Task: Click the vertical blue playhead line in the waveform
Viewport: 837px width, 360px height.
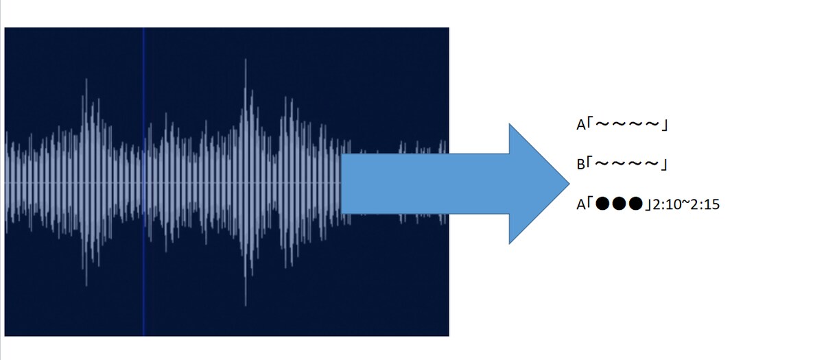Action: click(143, 182)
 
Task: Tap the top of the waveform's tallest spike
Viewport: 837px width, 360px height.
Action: click(246, 59)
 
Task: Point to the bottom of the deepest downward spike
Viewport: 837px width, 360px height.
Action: click(246, 306)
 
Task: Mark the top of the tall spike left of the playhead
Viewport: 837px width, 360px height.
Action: click(86, 79)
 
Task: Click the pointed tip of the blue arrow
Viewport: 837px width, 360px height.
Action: click(569, 183)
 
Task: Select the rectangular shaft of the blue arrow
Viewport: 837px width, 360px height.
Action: click(425, 183)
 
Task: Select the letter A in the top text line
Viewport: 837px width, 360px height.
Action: click(580, 125)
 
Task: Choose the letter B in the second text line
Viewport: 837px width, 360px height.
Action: click(580, 165)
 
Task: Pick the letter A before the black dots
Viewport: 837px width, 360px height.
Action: click(580, 204)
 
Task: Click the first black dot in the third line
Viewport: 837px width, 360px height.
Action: click(602, 204)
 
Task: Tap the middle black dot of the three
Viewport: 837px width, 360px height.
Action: click(619, 204)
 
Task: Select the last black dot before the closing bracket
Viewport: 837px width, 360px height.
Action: click(635, 204)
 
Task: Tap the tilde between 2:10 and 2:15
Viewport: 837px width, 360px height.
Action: click(685, 202)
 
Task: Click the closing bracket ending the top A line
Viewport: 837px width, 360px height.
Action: click(664, 125)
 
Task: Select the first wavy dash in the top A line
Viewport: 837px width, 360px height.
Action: click(602, 123)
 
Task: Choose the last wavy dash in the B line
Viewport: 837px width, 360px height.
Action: click(651, 163)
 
